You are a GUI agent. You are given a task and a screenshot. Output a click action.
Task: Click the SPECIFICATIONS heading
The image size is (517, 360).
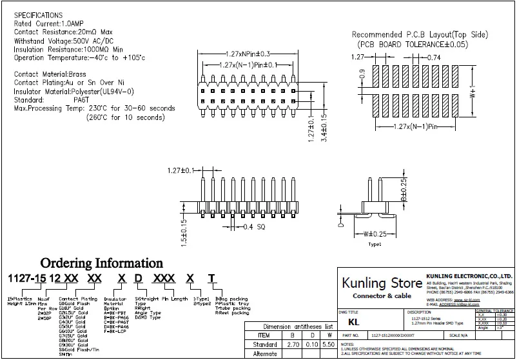[39, 14]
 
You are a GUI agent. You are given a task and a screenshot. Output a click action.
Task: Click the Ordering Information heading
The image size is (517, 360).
[102, 263]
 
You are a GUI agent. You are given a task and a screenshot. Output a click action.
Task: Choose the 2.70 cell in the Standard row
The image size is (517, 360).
[293, 345]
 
